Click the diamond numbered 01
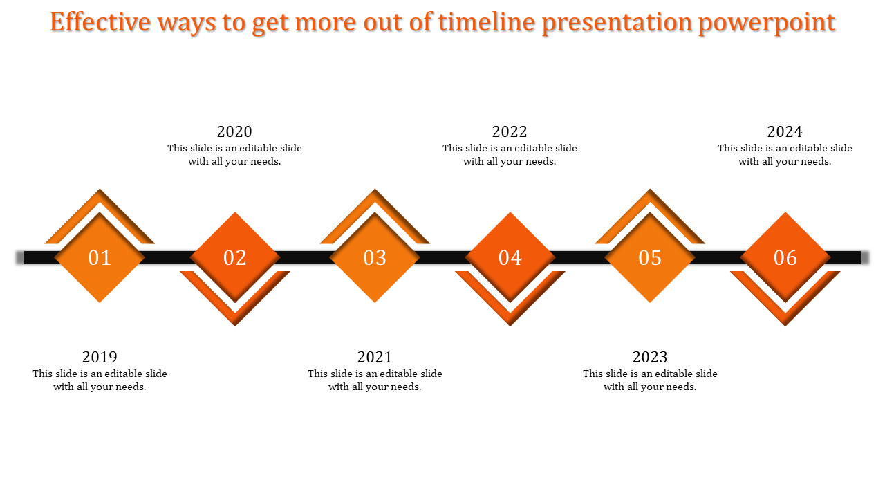100,257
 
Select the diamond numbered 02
235,257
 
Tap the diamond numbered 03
375,257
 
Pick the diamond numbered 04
510,257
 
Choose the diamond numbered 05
650,257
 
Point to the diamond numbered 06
785,257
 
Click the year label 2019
100,358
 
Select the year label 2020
234,132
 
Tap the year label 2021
375,358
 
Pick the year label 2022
510,132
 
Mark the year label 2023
650,358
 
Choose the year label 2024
785,132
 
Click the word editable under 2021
398,373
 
